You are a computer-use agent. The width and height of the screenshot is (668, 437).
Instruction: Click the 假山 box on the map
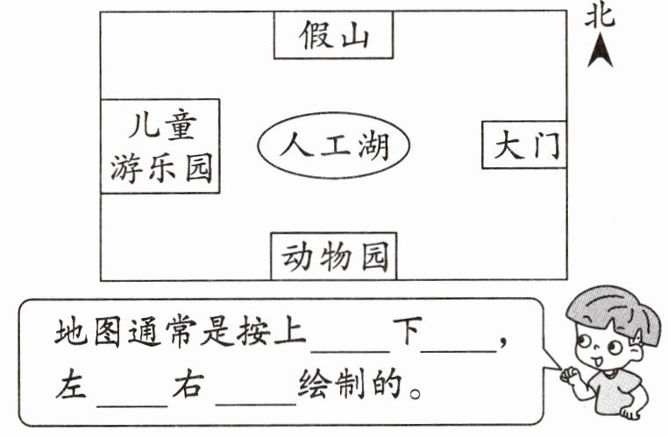pos(333,36)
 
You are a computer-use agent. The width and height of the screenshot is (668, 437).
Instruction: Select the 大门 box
pos(523,145)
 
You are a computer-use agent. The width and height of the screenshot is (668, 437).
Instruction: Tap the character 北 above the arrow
pos(600,17)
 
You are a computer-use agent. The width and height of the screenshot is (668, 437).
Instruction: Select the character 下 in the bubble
pos(404,333)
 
